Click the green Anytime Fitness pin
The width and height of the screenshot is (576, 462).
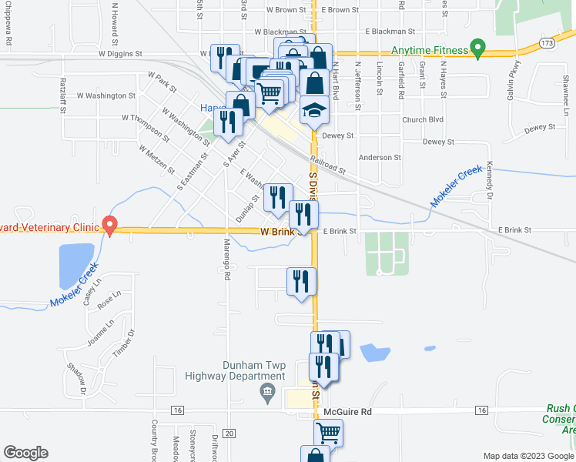pyautogui.click(x=477, y=49)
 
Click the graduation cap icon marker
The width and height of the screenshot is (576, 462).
pyautogui.click(x=314, y=111)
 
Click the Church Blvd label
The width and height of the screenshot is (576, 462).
pyautogui.click(x=423, y=119)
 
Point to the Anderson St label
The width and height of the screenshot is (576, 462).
pyautogui.click(x=380, y=157)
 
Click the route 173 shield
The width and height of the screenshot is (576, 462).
pyautogui.click(x=547, y=44)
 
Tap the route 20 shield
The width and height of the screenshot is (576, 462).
pyautogui.click(x=228, y=434)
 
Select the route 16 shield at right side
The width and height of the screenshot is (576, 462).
pyautogui.click(x=482, y=410)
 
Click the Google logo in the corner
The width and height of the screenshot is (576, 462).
pyautogui.click(x=25, y=453)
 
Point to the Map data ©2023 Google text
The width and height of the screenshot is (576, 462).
pyautogui.click(x=527, y=456)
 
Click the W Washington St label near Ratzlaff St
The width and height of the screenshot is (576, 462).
pyautogui.click(x=109, y=96)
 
